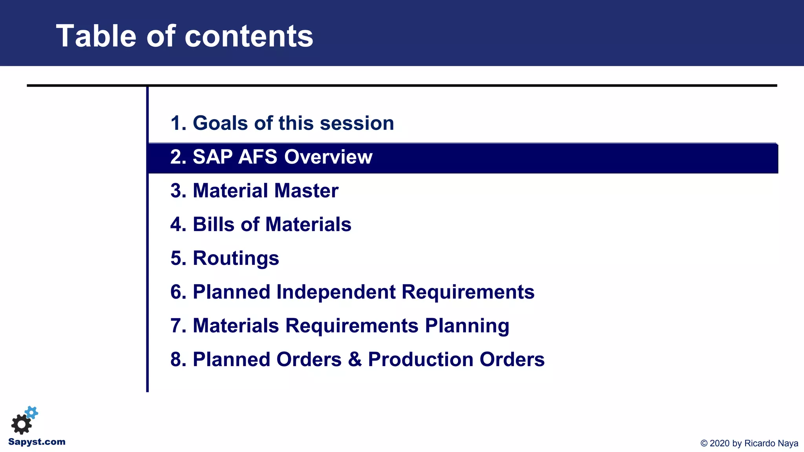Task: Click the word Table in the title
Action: click(96, 36)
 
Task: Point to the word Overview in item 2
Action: click(328, 157)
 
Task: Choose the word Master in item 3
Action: click(306, 191)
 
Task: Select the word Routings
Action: click(236, 259)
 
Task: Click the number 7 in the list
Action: click(175, 326)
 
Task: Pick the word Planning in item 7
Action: click(467, 326)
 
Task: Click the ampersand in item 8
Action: click(354, 360)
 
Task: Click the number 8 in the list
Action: click(175, 360)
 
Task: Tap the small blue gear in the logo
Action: click(32, 412)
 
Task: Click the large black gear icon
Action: click(21, 424)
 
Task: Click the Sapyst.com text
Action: click(37, 442)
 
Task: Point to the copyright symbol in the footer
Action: click(704, 443)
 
